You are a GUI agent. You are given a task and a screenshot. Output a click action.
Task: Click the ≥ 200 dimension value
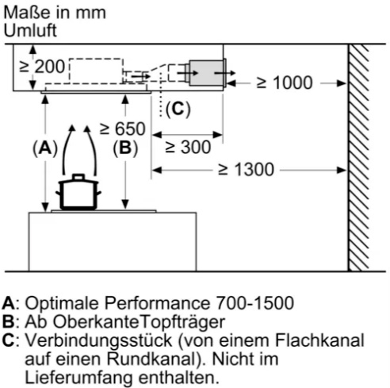click(42, 67)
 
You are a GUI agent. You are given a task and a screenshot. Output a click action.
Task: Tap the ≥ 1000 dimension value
click(285, 83)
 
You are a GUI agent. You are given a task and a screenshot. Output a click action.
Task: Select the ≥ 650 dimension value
click(122, 129)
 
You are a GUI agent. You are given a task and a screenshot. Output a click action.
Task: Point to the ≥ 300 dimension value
click(188, 147)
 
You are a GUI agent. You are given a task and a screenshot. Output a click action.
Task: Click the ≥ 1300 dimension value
click(246, 170)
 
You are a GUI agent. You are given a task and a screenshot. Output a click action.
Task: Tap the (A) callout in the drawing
click(45, 148)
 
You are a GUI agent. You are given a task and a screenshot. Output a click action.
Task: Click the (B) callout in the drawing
click(125, 148)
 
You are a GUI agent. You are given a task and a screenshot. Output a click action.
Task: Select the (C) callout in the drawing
click(178, 109)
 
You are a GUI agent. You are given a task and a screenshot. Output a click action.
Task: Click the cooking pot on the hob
click(78, 192)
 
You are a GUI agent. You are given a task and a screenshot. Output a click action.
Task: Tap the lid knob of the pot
click(78, 177)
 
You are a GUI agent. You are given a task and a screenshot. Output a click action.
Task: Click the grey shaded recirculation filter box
click(207, 73)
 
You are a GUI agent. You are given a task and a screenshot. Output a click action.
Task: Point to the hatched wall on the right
click(358, 158)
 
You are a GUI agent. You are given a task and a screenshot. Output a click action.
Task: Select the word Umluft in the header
click(30, 31)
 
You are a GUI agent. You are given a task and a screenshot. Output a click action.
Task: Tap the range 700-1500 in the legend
click(255, 303)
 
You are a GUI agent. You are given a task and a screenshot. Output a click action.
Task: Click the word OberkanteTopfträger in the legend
click(139, 322)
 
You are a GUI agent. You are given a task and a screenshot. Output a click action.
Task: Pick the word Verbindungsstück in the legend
click(98, 340)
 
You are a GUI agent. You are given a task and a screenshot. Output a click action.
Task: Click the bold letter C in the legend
click(8, 340)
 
